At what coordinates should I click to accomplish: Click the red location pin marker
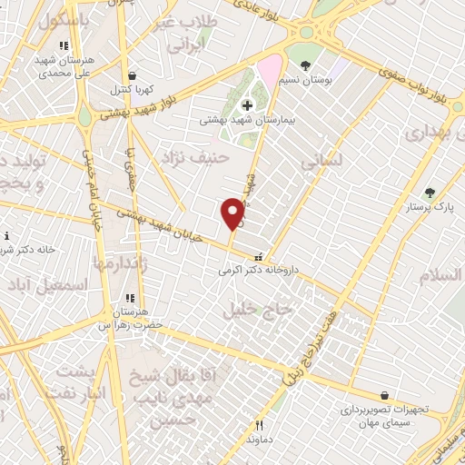tap(232, 213)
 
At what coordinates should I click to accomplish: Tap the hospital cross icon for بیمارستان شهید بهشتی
tap(247, 105)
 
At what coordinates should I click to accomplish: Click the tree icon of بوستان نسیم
tap(305, 64)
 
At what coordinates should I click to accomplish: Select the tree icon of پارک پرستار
tap(429, 193)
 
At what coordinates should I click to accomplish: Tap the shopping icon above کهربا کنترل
tap(134, 75)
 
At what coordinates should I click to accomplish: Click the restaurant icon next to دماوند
tap(260, 424)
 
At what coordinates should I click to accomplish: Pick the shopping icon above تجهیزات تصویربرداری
tap(385, 395)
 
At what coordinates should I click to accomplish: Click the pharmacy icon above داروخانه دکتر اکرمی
tap(259, 257)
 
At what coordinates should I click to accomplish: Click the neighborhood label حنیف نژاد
tap(186, 157)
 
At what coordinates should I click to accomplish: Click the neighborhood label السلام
tap(440, 274)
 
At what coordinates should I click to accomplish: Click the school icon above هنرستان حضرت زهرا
tap(130, 297)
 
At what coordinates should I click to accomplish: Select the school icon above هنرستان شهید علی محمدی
tap(63, 45)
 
